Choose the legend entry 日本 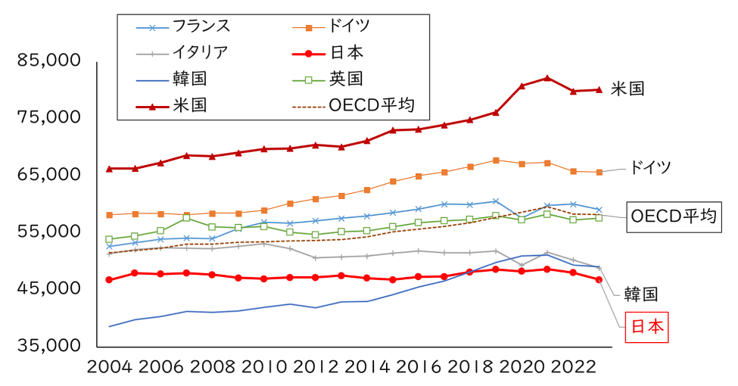coord(346,53)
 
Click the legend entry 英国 coord(346,79)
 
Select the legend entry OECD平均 coord(372,104)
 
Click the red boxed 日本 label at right coord(646,326)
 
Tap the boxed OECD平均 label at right coord(671,216)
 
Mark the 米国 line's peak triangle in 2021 coord(546,78)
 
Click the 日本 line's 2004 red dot coord(109,280)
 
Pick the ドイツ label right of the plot coord(651,168)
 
